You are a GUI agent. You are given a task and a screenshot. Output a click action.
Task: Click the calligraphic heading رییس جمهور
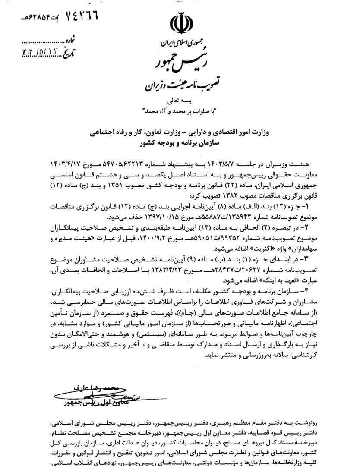(178, 63)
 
